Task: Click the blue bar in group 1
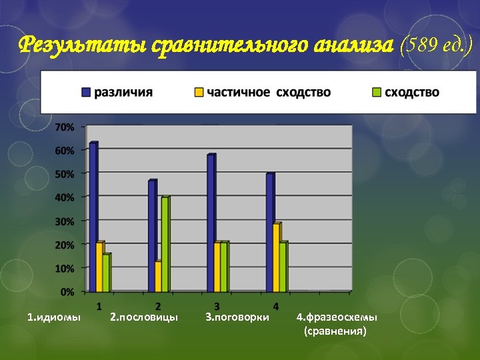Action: [x=93, y=217]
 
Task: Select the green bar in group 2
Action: [x=165, y=244]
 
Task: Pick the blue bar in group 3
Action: [x=211, y=223]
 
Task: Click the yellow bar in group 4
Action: [x=276, y=257]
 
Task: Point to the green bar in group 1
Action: [x=107, y=272]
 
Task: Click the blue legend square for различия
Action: [x=86, y=92]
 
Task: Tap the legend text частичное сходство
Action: [x=269, y=92]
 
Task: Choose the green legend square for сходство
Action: [x=377, y=92]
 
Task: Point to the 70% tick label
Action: [x=64, y=127]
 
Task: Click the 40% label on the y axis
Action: [x=64, y=197]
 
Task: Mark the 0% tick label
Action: [x=67, y=291]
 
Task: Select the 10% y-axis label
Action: [x=64, y=268]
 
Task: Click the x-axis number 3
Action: [x=217, y=305]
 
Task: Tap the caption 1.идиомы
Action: [x=54, y=317]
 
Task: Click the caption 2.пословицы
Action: [x=144, y=317]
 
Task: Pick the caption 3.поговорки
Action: [x=237, y=317]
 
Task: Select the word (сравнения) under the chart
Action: [x=335, y=330]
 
